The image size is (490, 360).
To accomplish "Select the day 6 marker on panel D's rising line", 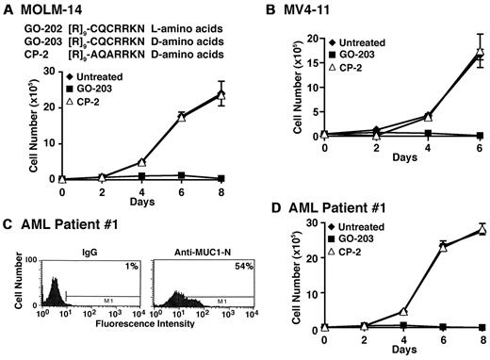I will point(443,247).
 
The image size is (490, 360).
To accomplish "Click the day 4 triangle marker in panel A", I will point(141,162).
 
